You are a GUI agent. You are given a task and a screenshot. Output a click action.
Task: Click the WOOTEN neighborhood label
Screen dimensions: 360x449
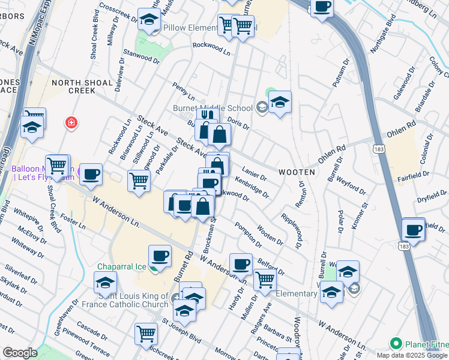click(x=297, y=172)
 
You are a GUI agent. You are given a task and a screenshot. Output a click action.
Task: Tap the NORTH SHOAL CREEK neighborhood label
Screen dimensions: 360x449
click(x=82, y=86)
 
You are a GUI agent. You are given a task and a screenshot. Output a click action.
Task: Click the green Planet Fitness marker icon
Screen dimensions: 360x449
click(x=396, y=344)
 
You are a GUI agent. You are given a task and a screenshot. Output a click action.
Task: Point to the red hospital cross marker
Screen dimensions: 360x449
click(x=71, y=123)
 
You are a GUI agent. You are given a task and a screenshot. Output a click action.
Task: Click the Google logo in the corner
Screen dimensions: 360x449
click(x=20, y=353)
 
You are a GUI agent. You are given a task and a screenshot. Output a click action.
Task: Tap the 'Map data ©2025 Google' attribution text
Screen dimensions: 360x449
click(x=411, y=355)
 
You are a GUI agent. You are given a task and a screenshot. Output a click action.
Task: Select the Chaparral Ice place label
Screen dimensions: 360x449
click(x=122, y=266)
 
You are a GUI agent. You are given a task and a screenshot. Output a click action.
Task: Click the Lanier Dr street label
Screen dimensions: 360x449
click(x=256, y=174)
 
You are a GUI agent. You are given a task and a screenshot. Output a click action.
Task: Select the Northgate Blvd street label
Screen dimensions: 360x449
click(x=382, y=39)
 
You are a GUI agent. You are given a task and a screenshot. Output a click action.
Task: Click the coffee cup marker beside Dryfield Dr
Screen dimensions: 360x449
click(x=414, y=230)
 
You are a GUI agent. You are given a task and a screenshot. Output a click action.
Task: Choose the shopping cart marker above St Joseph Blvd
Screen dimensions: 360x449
click(x=146, y=334)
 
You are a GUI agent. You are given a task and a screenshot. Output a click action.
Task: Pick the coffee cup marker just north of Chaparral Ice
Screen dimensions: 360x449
click(x=160, y=256)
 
